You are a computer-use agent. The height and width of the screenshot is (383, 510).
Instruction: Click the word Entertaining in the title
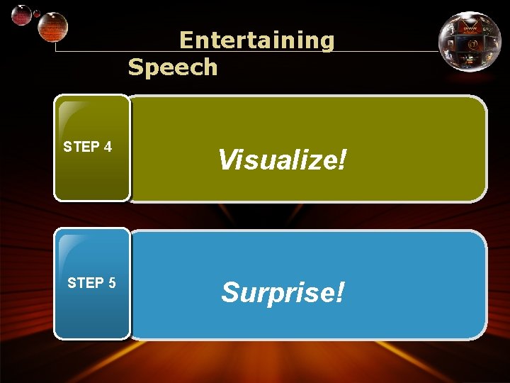click(256, 40)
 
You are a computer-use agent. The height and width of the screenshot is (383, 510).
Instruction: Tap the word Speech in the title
click(173, 67)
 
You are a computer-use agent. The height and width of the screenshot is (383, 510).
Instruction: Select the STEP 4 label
click(87, 148)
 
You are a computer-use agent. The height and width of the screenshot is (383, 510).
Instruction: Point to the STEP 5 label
click(91, 283)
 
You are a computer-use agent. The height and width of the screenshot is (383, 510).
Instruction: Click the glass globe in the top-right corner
click(470, 43)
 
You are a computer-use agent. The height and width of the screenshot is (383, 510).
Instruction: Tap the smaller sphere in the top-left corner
click(23, 15)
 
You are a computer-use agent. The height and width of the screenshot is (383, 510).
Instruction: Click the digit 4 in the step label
click(108, 148)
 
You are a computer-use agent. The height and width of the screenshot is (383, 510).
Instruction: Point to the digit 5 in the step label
click(112, 283)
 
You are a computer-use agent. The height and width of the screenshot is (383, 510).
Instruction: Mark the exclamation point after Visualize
click(343, 160)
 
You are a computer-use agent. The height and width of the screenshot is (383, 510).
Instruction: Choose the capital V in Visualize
click(228, 160)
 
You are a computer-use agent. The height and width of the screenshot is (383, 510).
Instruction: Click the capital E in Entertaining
click(187, 40)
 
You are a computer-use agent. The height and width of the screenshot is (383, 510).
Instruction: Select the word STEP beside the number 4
click(81, 148)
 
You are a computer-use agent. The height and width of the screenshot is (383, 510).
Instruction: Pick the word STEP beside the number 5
click(85, 283)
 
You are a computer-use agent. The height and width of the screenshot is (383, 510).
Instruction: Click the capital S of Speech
click(136, 67)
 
